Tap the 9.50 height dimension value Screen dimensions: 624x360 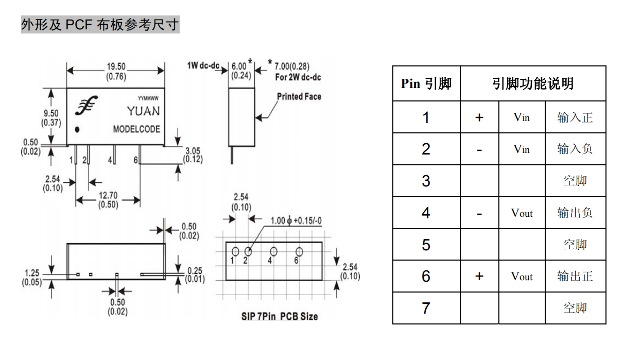[51, 113]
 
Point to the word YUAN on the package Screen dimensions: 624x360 [144, 111]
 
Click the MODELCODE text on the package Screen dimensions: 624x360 [136, 129]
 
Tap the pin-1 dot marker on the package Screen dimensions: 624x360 [77, 130]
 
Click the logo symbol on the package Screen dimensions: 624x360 [86, 106]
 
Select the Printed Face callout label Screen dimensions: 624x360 [299, 97]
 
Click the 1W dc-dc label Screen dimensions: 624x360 [203, 65]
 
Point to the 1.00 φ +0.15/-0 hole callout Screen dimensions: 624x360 [296, 220]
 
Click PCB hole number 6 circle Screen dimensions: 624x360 [299, 252]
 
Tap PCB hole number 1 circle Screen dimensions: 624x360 [235, 252]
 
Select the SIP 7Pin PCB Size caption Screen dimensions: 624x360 [280, 317]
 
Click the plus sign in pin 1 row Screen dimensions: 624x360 [479, 117]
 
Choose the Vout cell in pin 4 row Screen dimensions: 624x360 [522, 213]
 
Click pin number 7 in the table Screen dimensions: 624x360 [426, 308]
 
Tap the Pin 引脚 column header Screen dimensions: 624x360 [426, 83]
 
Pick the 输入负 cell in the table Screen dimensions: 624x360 [575, 149]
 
